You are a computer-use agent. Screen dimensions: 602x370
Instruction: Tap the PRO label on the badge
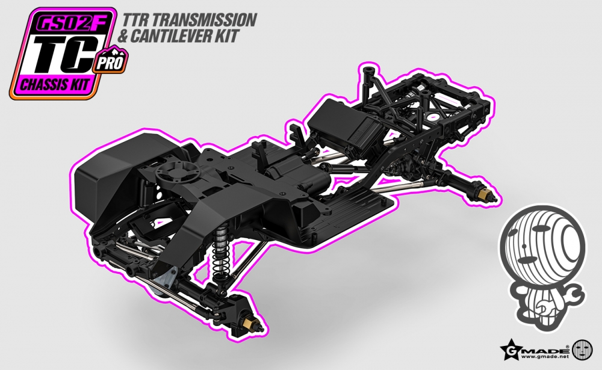(x=110, y=62)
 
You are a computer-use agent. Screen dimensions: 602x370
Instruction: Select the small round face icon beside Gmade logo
(x=582, y=350)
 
